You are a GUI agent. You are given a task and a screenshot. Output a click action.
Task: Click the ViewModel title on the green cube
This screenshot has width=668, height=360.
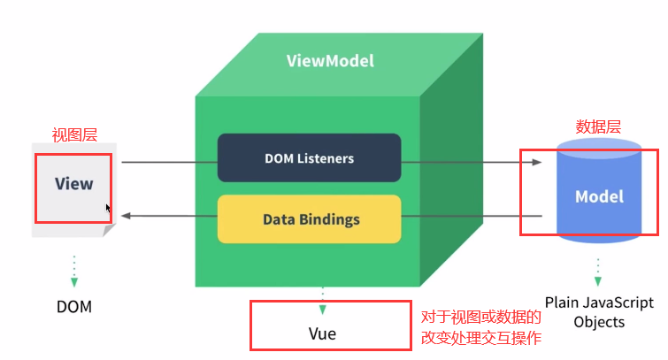(x=330, y=61)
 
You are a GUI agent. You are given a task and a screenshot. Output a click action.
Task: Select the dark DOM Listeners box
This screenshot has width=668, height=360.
(x=310, y=158)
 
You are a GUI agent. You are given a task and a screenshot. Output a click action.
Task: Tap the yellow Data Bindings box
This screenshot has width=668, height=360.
(x=310, y=219)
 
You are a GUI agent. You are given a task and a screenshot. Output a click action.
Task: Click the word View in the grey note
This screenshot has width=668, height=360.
(x=73, y=184)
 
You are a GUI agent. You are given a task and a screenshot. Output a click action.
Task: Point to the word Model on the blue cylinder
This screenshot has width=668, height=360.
(x=599, y=196)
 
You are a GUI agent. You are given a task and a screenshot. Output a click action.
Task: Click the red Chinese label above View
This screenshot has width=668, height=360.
(x=74, y=135)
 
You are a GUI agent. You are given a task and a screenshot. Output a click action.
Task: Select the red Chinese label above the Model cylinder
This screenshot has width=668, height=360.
(x=598, y=127)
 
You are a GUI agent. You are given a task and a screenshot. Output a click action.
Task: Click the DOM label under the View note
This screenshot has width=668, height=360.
(x=74, y=307)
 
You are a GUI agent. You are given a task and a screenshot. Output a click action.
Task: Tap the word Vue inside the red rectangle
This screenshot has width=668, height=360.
(x=322, y=333)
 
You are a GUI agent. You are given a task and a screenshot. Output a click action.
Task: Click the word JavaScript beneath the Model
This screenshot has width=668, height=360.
(x=618, y=303)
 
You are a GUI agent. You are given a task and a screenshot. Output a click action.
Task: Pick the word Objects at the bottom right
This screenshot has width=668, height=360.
(x=599, y=322)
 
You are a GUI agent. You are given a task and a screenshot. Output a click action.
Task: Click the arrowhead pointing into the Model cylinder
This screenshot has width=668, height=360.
(x=537, y=162)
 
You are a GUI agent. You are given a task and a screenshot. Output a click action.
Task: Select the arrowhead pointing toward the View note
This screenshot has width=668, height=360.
(x=127, y=216)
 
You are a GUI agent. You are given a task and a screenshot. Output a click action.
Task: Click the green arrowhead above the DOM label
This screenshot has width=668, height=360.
(x=74, y=282)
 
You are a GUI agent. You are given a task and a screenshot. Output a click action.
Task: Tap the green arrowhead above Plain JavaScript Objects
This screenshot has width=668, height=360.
(x=598, y=281)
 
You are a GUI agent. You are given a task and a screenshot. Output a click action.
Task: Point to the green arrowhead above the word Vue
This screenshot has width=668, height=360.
(x=322, y=310)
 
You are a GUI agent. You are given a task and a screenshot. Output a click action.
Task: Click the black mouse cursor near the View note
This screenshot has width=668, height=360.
(x=108, y=209)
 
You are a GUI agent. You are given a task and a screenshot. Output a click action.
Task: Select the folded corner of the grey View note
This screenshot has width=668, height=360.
(x=109, y=230)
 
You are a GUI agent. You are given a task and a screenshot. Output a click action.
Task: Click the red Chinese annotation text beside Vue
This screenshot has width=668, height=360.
(x=481, y=327)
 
